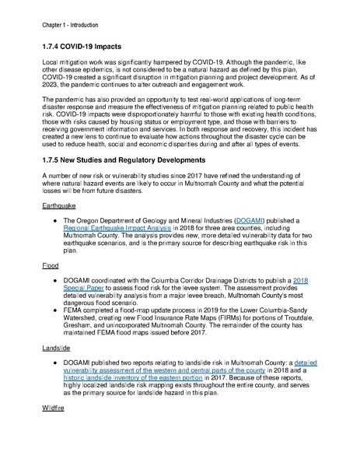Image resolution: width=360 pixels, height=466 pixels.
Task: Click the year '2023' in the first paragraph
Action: [x=55, y=98]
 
